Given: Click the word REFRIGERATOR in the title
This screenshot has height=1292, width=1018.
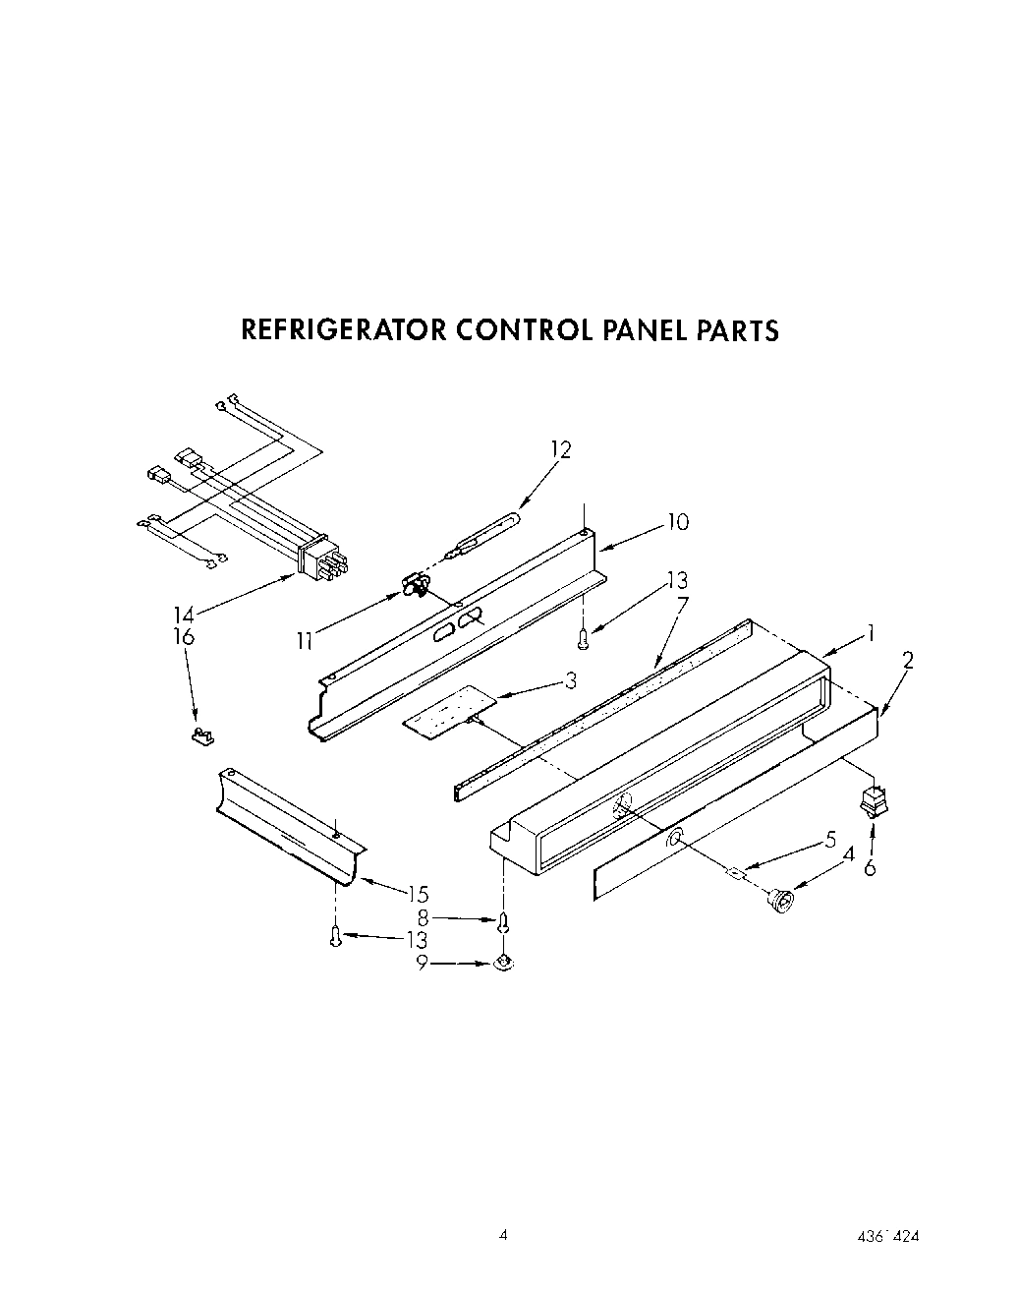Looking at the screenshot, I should (x=344, y=329).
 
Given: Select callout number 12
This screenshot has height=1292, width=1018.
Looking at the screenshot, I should (x=560, y=449).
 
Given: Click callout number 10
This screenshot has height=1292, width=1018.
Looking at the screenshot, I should (x=677, y=521).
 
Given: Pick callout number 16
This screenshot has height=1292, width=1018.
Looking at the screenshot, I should (x=185, y=636).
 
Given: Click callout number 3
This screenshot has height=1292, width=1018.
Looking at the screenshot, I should (x=568, y=680).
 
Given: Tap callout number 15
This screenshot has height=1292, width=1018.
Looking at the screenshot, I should (x=418, y=893).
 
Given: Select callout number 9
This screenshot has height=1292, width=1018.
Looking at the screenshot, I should (x=422, y=964).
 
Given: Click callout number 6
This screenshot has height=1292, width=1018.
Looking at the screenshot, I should (x=869, y=867).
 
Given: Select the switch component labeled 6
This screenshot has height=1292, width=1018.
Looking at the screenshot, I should (x=872, y=800).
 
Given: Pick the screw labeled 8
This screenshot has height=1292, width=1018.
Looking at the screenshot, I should (x=504, y=922).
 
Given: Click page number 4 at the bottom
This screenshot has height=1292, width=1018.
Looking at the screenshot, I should (x=502, y=1236).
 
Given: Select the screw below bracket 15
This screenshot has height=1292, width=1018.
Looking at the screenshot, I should (x=336, y=936).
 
